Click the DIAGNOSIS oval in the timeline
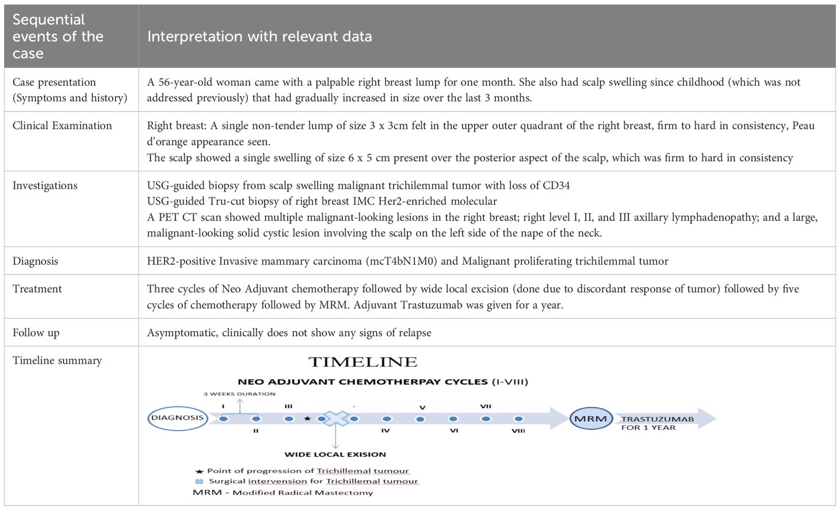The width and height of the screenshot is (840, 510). (x=177, y=418)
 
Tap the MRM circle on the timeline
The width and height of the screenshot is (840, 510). (x=591, y=418)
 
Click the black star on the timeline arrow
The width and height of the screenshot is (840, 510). (x=307, y=418)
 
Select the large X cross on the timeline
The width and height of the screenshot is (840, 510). (x=335, y=418)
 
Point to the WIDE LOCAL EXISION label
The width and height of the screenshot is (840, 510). (x=335, y=454)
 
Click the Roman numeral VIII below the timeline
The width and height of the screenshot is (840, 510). (x=518, y=431)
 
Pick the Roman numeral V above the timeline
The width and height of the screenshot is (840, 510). (x=422, y=408)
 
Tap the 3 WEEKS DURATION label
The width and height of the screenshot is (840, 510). (x=239, y=394)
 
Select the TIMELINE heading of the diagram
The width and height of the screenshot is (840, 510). (x=362, y=362)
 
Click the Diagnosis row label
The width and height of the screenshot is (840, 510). (x=35, y=261)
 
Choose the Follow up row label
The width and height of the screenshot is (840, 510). (x=36, y=333)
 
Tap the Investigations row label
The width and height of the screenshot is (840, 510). (x=45, y=185)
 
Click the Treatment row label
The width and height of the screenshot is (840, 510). (x=37, y=289)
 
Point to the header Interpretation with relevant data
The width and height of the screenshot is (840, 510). (x=259, y=37)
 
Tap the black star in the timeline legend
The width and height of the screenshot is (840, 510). (x=200, y=471)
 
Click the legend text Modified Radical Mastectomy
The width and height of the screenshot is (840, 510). (x=303, y=493)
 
